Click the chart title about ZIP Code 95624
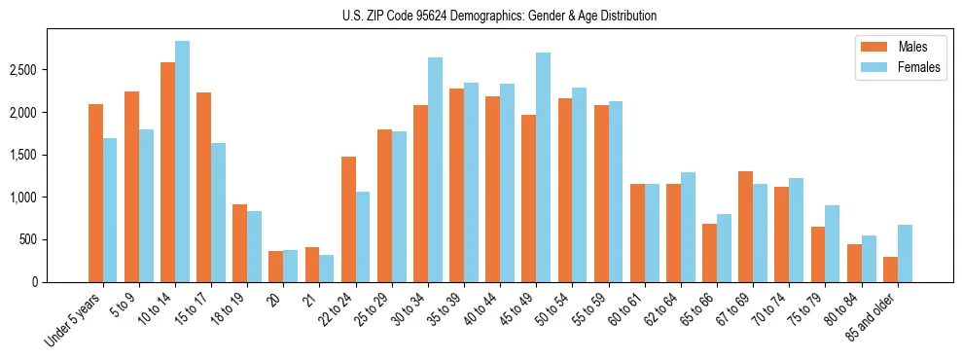pyautogui.click(x=500, y=16)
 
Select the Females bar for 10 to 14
pyautogui.click(x=183, y=162)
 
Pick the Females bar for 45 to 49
pyautogui.click(x=543, y=167)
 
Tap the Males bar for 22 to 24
pyautogui.click(x=348, y=219)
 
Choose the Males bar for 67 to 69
pyautogui.click(x=745, y=227)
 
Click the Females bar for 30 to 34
pyautogui.click(x=435, y=169)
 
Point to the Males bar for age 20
pyautogui.click(x=276, y=267)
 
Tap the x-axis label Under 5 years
pyautogui.click(x=74, y=319)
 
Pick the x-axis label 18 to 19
pyautogui.click(x=230, y=309)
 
